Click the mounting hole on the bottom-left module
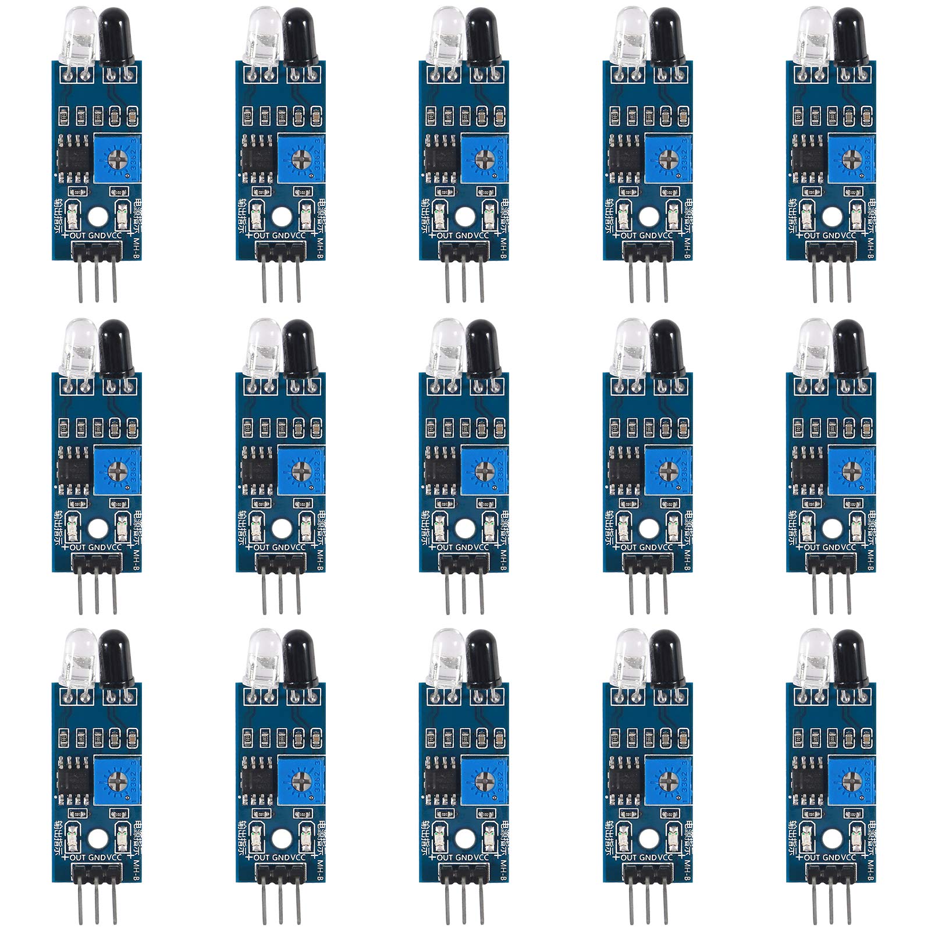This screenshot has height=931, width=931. click(x=98, y=837)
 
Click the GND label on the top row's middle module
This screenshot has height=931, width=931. click(x=464, y=236)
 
